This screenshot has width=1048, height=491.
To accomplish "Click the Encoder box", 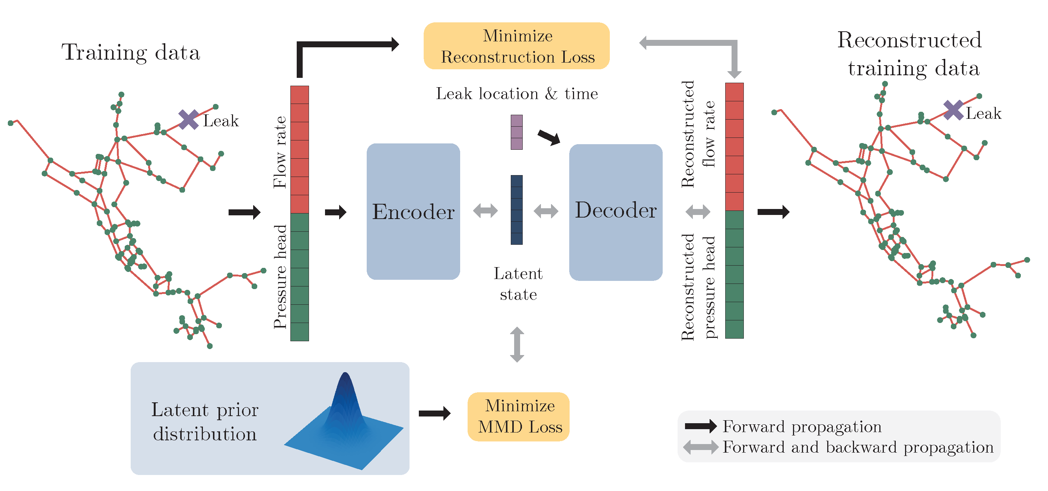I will (413, 211).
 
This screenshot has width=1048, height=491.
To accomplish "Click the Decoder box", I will (615, 212).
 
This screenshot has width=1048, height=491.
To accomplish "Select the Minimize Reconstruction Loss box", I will (516, 46).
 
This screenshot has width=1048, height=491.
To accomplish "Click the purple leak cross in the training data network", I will (188, 120).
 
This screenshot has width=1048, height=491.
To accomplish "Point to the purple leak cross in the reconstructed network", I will (953, 110).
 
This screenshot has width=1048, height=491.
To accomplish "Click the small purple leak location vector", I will (516, 132).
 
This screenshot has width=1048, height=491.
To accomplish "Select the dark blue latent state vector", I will (516, 210).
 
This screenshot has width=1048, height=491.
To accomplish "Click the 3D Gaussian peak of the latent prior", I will (345, 391).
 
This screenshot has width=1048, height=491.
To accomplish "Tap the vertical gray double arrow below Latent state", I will (517, 345).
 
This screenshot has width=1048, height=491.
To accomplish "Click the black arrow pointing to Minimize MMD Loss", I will (434, 414).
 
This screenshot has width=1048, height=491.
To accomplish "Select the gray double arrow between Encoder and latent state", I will (485, 211).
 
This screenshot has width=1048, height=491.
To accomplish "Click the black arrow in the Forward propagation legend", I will (701, 426).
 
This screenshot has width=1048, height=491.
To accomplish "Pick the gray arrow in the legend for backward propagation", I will (701, 447).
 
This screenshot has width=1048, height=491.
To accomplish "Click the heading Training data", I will (131, 53).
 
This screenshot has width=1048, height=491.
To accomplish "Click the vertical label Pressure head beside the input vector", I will (280, 277).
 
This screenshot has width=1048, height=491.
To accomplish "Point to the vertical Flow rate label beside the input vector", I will (280, 152).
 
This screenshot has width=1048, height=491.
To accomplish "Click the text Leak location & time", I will (517, 94).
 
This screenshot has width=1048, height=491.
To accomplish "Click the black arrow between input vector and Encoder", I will (335, 212).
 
